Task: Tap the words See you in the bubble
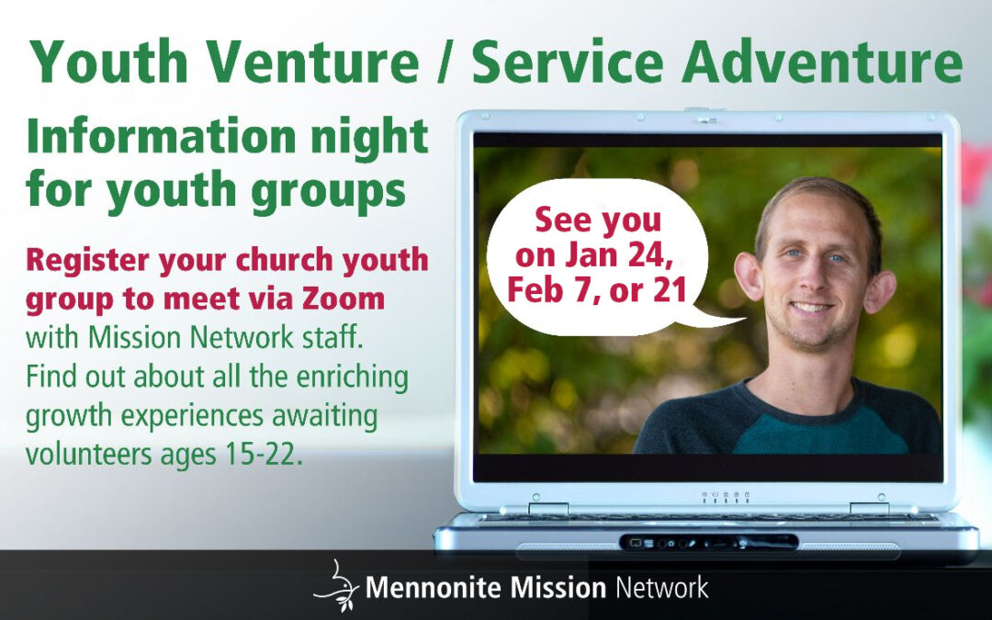pyautogui.click(x=598, y=220)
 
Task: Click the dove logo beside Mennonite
pyautogui.click(x=336, y=584)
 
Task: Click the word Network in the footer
pyautogui.click(x=662, y=588)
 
